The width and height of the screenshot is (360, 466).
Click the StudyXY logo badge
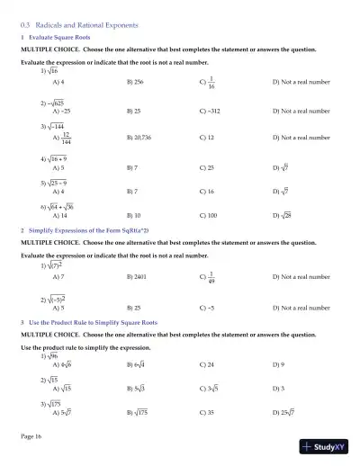tap(326, 446)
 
